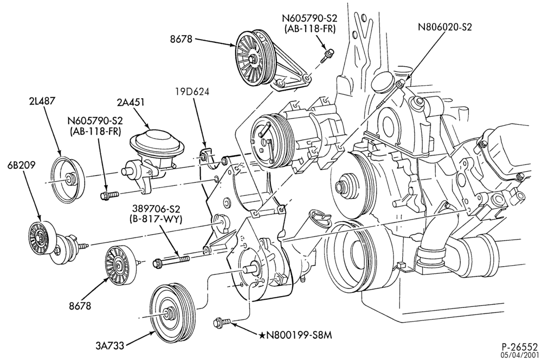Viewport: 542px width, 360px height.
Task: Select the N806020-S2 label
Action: pyautogui.click(x=445, y=27)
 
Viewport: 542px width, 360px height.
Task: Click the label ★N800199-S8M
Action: pyautogui.click(x=296, y=335)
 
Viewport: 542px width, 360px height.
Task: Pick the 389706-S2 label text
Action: pyautogui.click(x=156, y=209)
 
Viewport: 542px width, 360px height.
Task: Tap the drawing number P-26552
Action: pyautogui.click(x=520, y=347)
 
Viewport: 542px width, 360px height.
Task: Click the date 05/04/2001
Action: pyautogui.click(x=522, y=355)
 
